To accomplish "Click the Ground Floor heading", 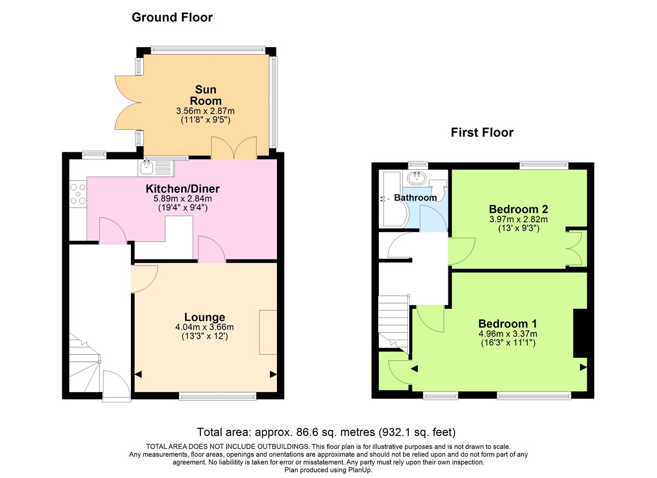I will [172, 18].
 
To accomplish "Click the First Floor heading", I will [482, 133].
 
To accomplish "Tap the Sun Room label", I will [206, 95].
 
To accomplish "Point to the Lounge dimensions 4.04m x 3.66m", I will [204, 327].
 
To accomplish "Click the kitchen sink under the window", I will [147, 166].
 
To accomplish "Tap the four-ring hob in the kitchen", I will [78, 194].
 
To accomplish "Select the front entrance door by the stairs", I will [116, 386].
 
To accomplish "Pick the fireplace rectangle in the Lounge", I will [268, 331].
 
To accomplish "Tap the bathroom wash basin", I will [417, 177].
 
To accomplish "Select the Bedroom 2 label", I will [518, 209].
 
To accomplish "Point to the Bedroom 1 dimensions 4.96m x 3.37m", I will [507, 333].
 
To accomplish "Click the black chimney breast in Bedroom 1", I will [579, 333].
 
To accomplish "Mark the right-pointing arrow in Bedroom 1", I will [583, 367].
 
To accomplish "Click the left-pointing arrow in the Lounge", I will [138, 375].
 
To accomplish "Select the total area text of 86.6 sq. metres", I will [326, 431].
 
